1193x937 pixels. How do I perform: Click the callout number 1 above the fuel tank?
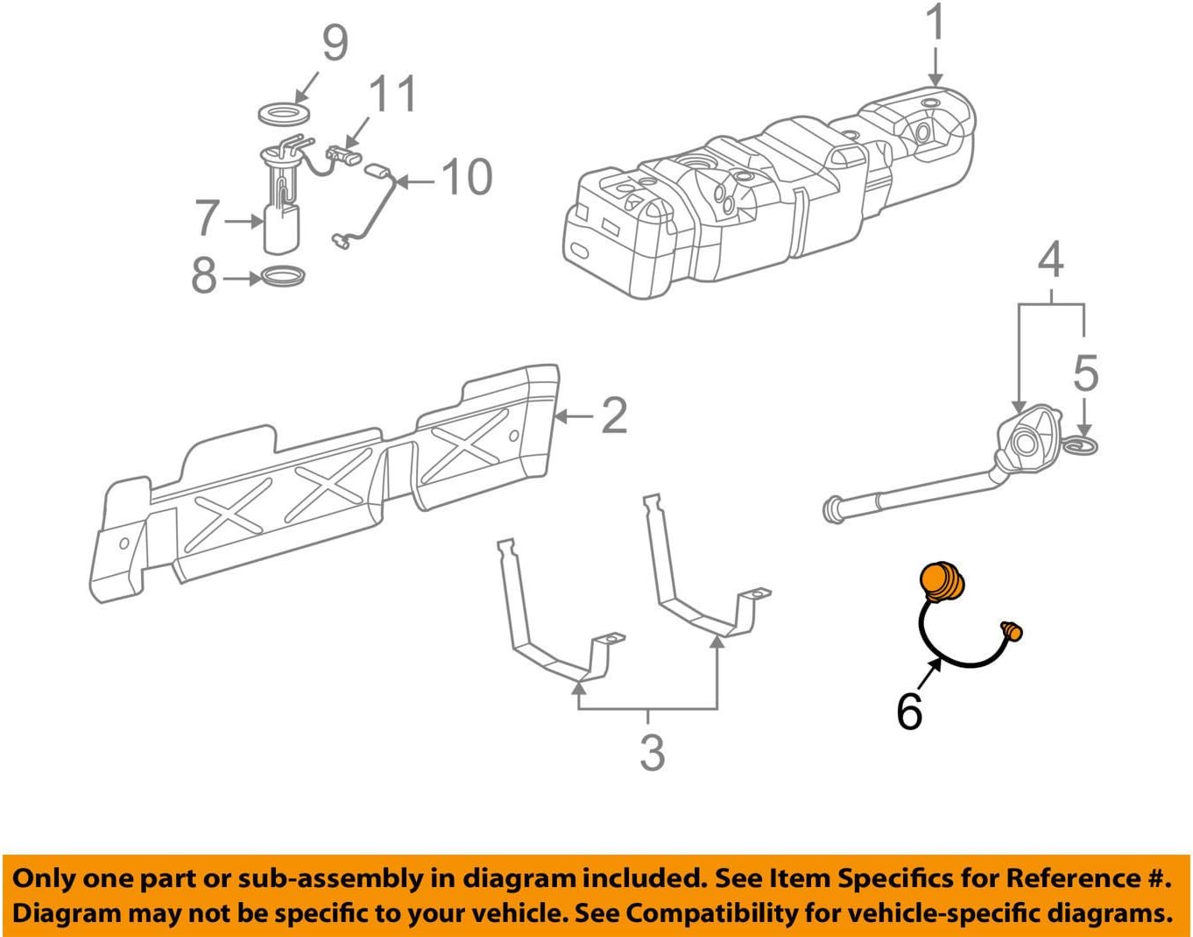click(x=936, y=24)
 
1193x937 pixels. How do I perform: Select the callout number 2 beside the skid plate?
click(x=614, y=415)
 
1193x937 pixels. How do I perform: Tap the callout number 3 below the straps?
click(x=652, y=752)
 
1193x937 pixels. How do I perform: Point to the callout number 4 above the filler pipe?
click(x=1050, y=260)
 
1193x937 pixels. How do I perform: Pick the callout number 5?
click(x=1085, y=373)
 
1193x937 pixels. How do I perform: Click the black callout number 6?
click(x=909, y=710)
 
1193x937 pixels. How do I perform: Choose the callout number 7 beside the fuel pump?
click(x=207, y=218)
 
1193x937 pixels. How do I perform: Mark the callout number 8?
click(x=204, y=276)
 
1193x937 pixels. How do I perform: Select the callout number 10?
click(x=467, y=178)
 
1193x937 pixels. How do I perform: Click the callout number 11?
click(x=392, y=95)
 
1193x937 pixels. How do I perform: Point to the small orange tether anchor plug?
click(x=1012, y=629)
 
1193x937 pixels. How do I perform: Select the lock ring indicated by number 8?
click(x=284, y=278)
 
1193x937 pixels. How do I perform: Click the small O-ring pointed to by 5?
click(x=1083, y=447)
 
